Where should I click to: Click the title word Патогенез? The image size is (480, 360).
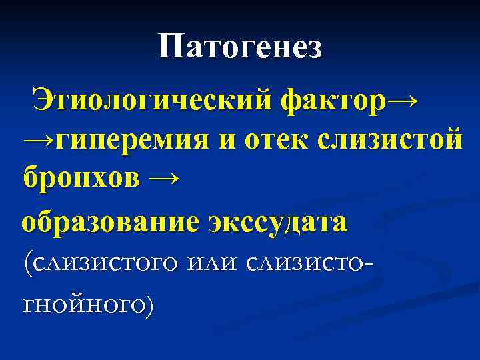pos(240,47)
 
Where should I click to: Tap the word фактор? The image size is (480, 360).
pos(333,101)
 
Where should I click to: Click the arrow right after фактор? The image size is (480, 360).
pos(403,101)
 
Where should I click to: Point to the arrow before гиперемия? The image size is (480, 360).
pos(38,141)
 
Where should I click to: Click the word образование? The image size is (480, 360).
pos(110,221)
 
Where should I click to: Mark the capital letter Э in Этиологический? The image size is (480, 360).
pos(45,101)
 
